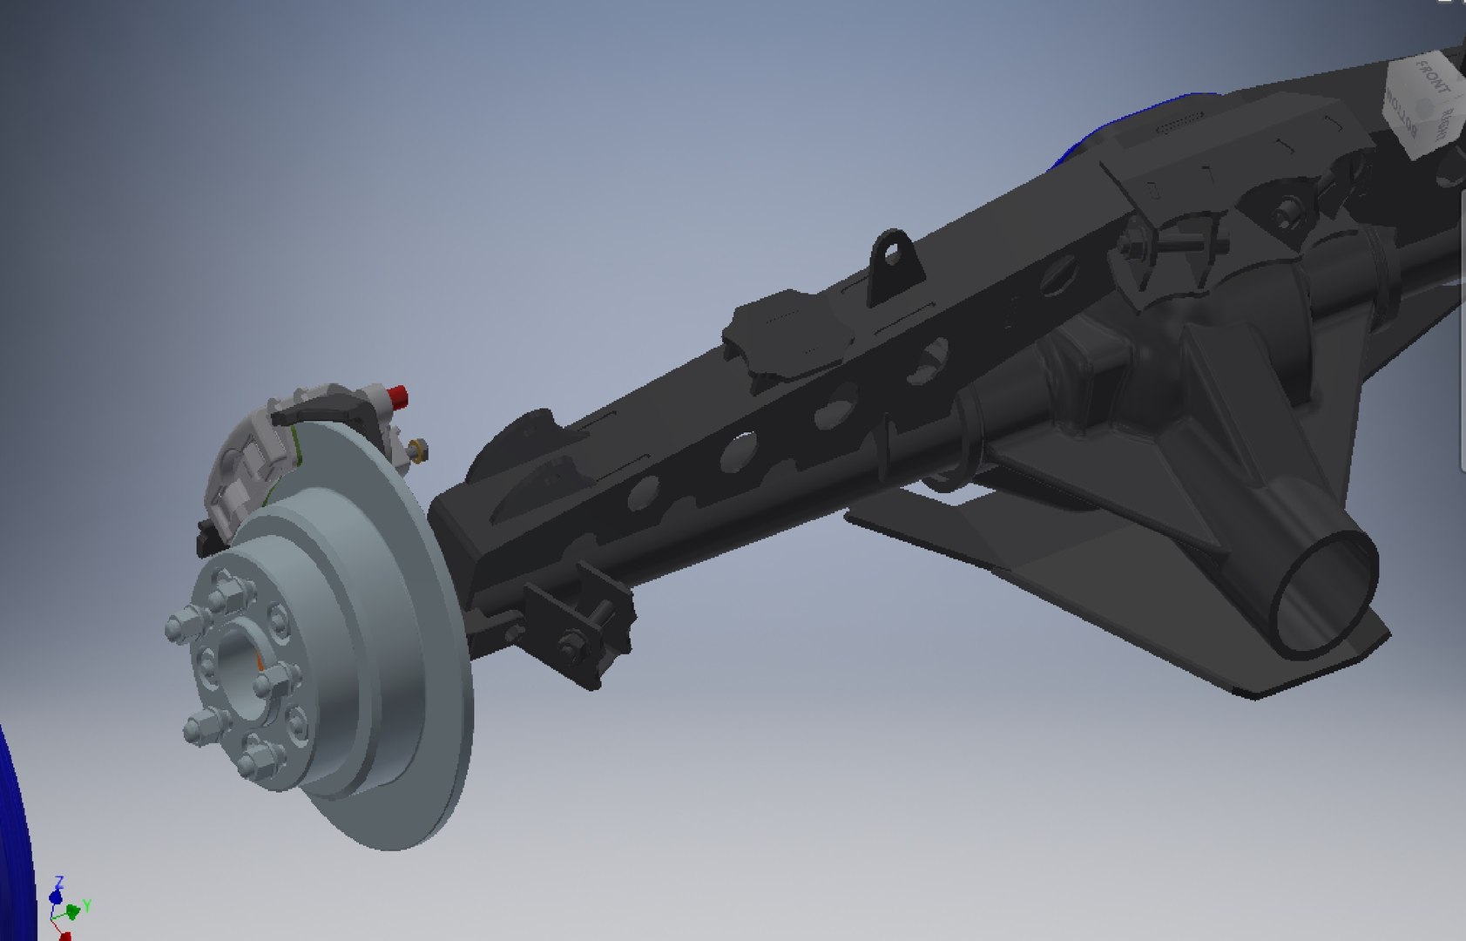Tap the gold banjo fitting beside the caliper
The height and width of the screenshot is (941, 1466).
tap(418, 449)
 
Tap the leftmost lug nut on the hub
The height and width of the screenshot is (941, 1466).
tap(179, 627)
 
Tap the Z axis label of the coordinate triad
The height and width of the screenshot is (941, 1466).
tap(58, 882)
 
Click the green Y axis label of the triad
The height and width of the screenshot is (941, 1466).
tap(87, 905)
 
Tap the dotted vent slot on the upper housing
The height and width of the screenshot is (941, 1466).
tap(1179, 125)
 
